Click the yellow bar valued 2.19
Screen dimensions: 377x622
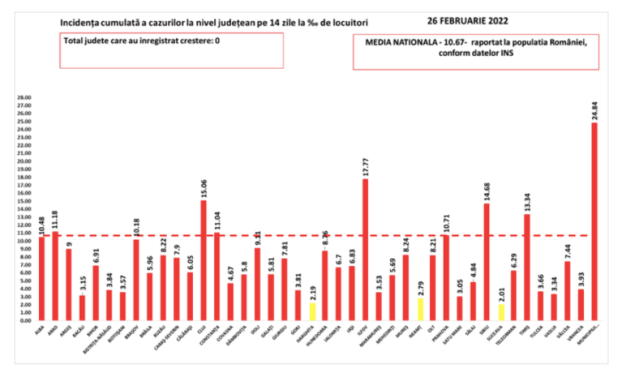pos(312,311)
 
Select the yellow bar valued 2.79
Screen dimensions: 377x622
pos(419,309)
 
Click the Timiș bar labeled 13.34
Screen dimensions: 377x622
pos(527,267)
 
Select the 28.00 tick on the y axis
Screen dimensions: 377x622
pos(25,97)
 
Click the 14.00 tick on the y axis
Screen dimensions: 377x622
pos(25,209)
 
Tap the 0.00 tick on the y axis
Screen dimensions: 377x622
pos(25,320)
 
